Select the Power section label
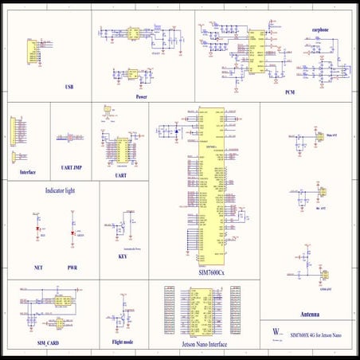pos(141,96)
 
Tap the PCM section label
pos(290,92)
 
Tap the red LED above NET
pos(37,231)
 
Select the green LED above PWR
pos(72,231)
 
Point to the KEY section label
pos(122,256)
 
